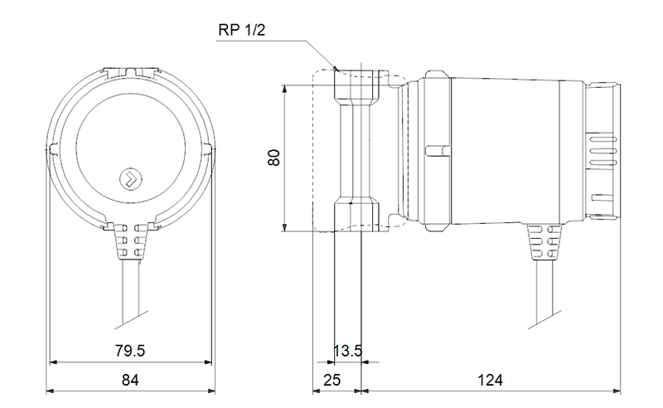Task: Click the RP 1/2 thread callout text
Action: (241, 30)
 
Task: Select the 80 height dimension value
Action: (274, 158)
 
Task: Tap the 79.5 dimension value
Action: (130, 351)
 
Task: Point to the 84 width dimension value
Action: (130, 380)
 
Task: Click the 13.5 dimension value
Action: (347, 351)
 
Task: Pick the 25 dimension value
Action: (331, 380)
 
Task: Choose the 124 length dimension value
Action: (490, 380)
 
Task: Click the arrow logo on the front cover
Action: (131, 178)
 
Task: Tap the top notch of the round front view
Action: (130, 72)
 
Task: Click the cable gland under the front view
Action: (131, 240)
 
